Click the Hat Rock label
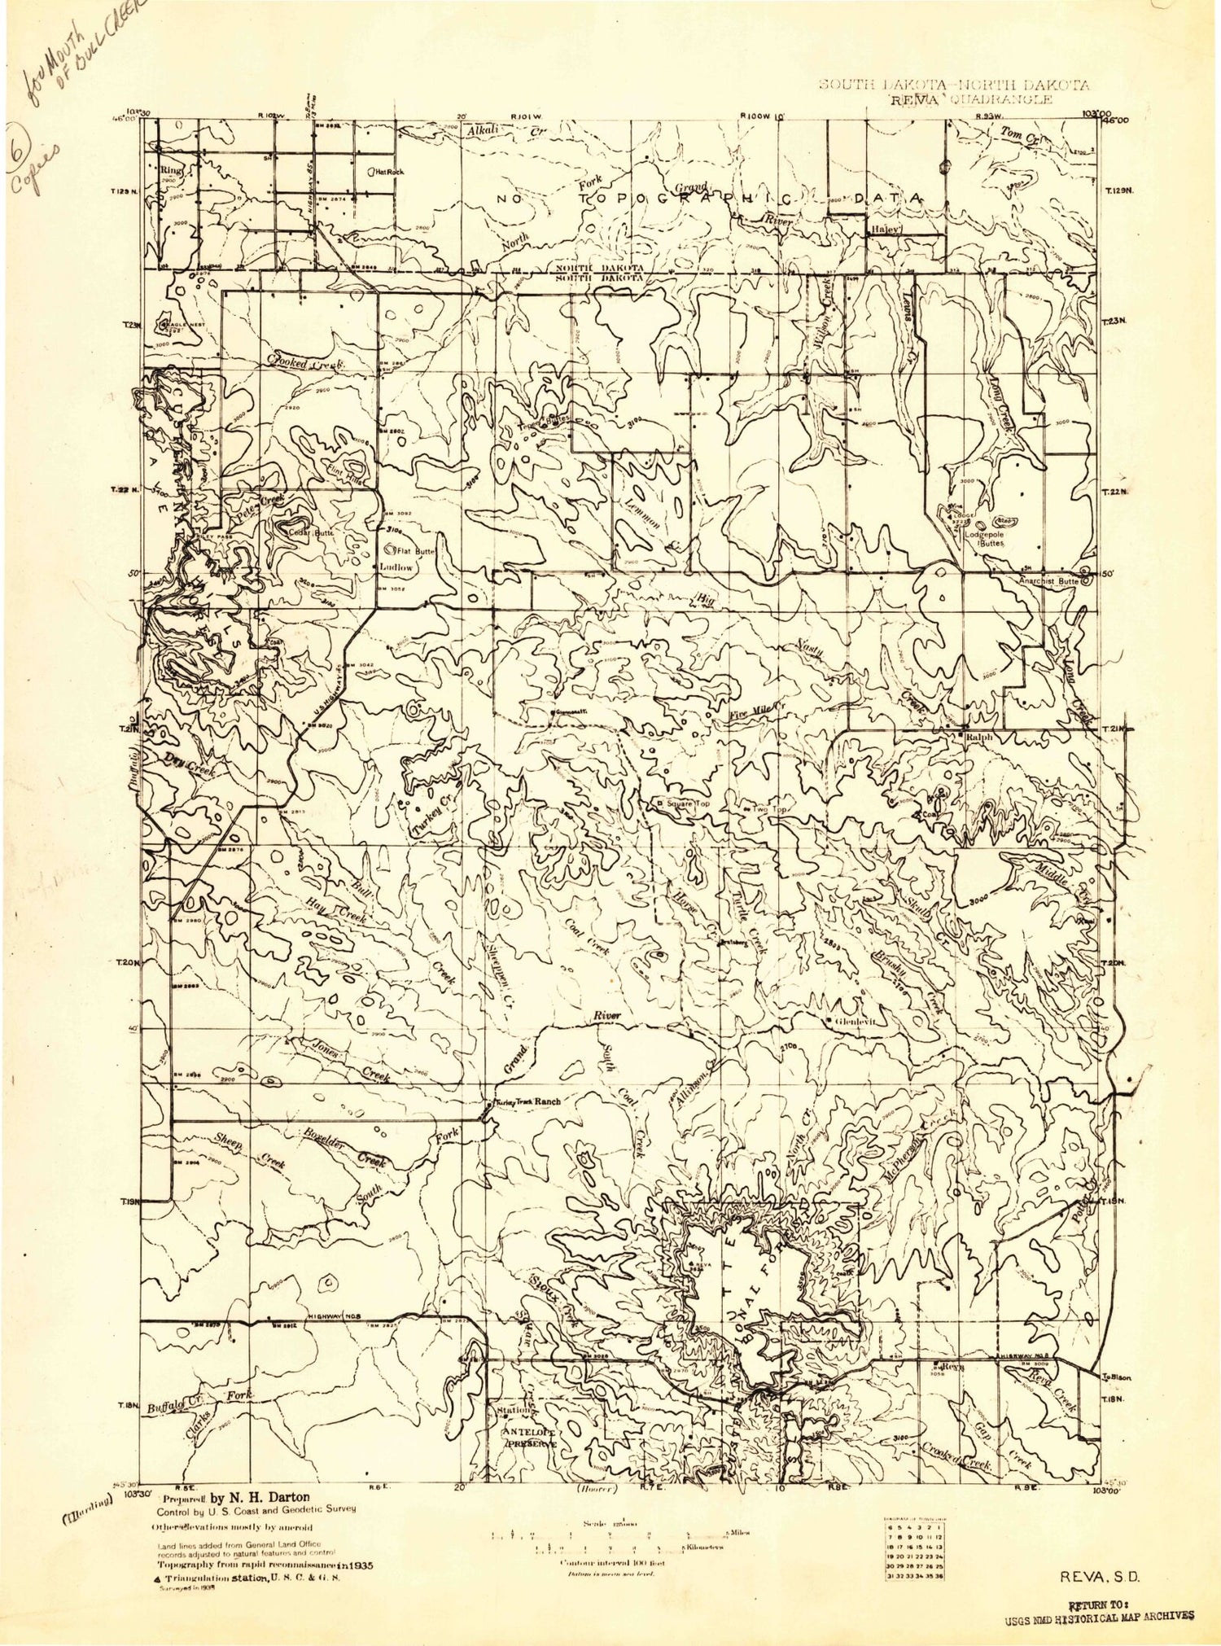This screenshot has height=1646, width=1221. (x=388, y=172)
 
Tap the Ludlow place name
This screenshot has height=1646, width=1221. (x=395, y=567)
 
